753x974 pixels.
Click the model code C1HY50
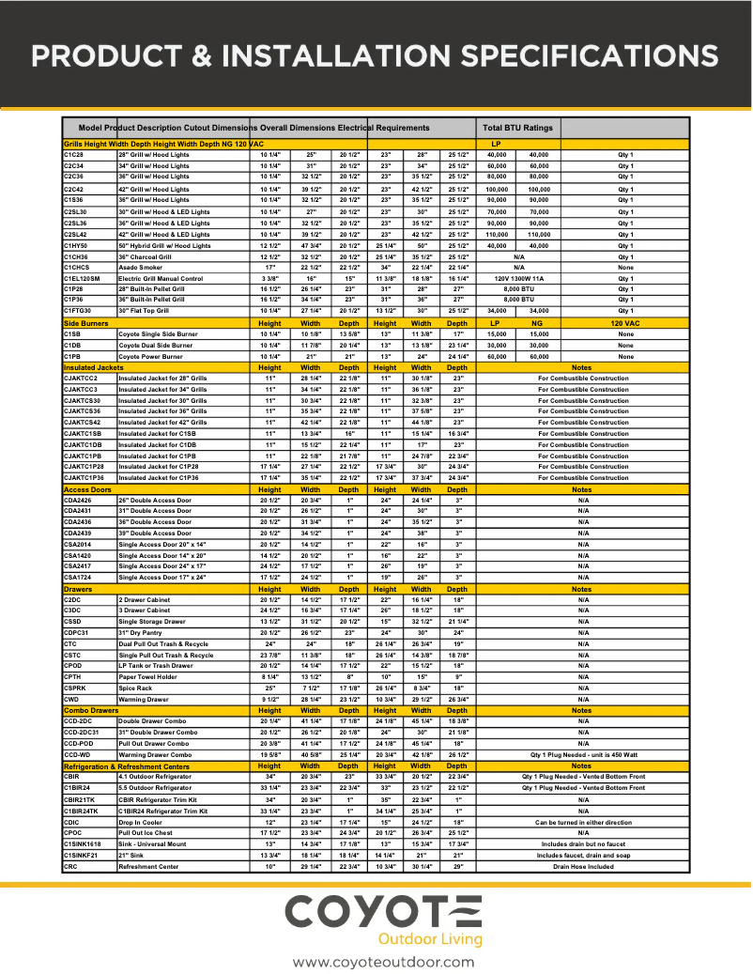[76, 245]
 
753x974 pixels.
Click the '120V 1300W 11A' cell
[519, 279]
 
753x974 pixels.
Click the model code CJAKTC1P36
[84, 477]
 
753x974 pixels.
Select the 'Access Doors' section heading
[86, 489]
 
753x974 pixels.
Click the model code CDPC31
[77, 632]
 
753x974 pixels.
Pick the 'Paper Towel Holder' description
[148, 676]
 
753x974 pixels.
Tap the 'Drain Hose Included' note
[583, 866]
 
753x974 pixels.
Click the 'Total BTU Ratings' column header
[517, 128]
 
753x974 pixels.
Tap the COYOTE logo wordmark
[383, 912]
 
